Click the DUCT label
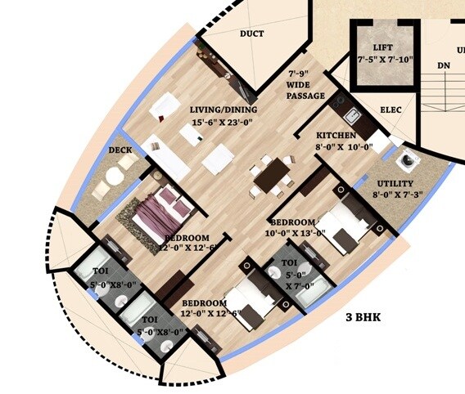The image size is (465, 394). point(251,34)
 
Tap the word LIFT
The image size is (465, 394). point(382,47)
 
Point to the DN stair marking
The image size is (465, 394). point(443,65)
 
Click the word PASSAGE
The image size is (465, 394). point(305,97)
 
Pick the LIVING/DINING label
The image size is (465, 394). point(223,110)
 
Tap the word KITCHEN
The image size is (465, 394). point(336,135)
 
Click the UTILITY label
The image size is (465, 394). point(395,183)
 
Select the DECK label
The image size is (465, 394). point(120,150)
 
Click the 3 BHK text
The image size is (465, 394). point(365,317)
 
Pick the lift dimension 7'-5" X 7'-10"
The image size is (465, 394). point(383,60)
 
